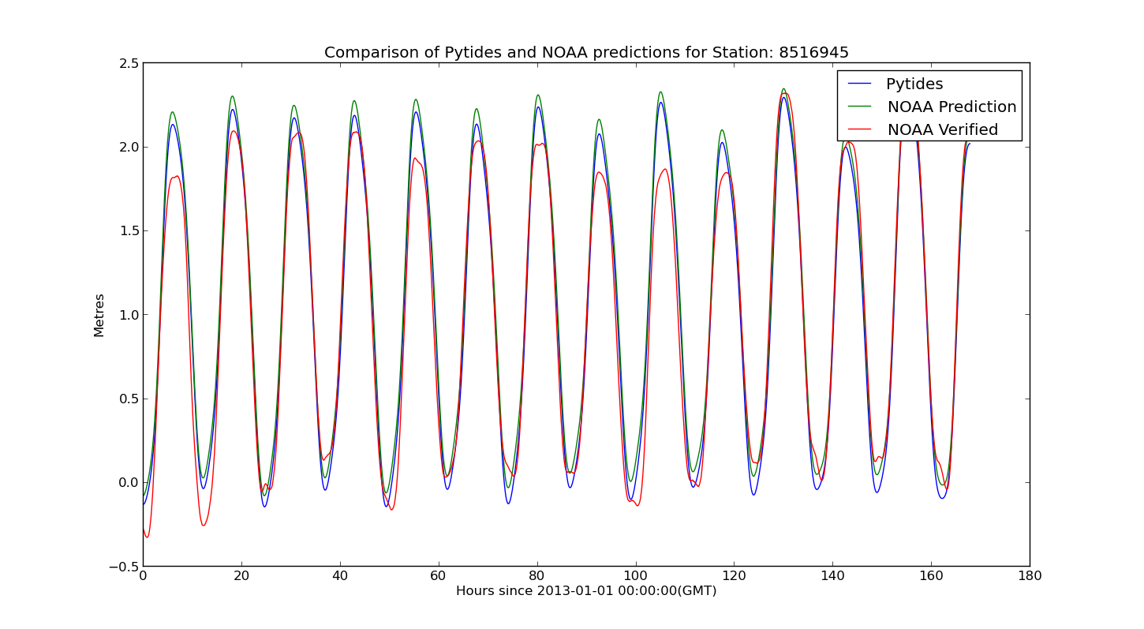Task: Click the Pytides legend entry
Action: tap(914, 84)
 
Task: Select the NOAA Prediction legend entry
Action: tap(951, 107)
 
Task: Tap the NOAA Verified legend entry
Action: tap(942, 130)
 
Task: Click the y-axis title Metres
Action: tap(99, 315)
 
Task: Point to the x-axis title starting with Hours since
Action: tap(586, 591)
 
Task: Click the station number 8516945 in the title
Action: tap(813, 53)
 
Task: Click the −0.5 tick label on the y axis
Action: tap(122, 567)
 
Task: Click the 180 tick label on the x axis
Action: tap(1029, 576)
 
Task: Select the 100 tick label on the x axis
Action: tap(635, 576)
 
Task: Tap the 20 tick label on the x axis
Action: tap(241, 576)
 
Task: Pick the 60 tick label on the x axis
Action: tap(439, 576)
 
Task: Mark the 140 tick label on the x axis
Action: tap(832, 576)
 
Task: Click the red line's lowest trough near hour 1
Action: tap(147, 537)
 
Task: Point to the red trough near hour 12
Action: tap(203, 526)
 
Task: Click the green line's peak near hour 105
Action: tap(660, 92)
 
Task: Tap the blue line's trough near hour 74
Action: tap(508, 504)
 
